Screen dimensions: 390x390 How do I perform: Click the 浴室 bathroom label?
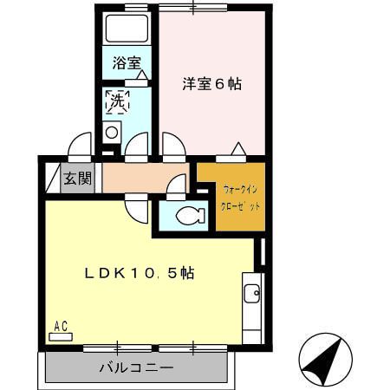[127, 62]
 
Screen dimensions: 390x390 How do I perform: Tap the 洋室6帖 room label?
[211, 84]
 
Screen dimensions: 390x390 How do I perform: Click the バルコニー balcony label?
[134, 367]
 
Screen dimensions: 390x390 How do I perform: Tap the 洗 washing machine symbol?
[116, 101]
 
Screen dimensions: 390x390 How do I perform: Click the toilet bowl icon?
[186, 216]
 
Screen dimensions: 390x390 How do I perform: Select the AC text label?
[61, 326]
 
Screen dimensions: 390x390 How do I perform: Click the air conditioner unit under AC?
[61, 336]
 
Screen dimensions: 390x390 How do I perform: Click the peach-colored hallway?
[139, 179]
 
